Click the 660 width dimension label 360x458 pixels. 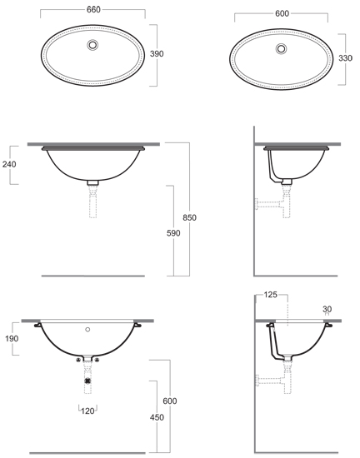pyautogui.click(x=93, y=10)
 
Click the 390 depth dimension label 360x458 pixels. pyautogui.click(x=157, y=54)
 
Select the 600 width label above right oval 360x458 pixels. pyautogui.click(x=282, y=13)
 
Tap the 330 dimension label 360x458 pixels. pyautogui.click(x=345, y=58)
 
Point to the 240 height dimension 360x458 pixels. pyautogui.click(x=9, y=164)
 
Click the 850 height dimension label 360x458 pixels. pyautogui.click(x=190, y=217)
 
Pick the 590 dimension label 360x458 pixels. pyautogui.click(x=173, y=233)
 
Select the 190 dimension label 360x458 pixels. pyautogui.click(x=12, y=339)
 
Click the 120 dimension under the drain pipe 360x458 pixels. pyautogui.click(x=87, y=411)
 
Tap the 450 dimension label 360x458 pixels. pyautogui.click(x=157, y=418)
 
